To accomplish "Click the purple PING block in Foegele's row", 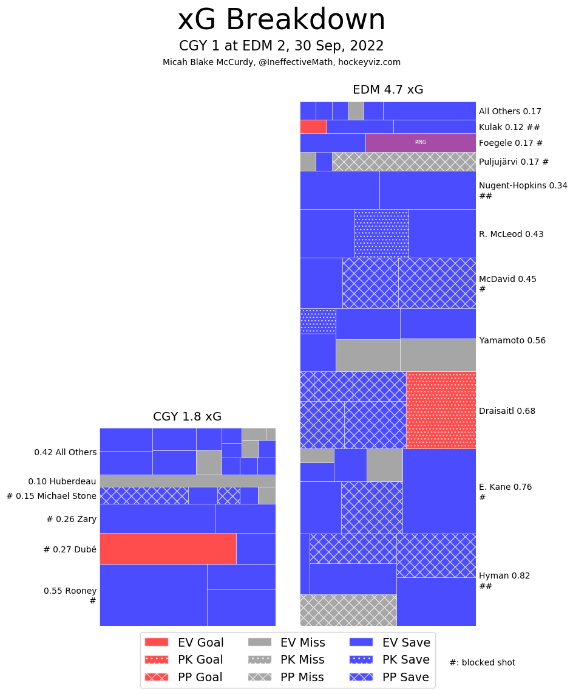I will tap(420, 142).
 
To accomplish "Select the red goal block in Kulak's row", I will tap(313, 126).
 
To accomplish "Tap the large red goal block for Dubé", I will tap(168, 549).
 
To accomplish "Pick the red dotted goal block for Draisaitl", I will tap(441, 410).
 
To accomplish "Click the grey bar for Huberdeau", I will tap(188, 481).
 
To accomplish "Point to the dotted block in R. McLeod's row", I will tap(381, 233).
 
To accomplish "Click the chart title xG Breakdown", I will tap(281, 20).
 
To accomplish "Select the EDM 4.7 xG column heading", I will tap(388, 90).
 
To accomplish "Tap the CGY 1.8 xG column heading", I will tap(187, 417).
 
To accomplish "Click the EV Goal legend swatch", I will tap(157, 642).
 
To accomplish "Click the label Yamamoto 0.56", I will tap(512, 340).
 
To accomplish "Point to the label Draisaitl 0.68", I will tap(507, 411).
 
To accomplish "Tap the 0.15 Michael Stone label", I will tap(52, 496).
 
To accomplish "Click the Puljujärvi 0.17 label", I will tap(514, 162).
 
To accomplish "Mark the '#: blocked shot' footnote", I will tap(482, 662).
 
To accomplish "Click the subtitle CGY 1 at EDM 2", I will tap(281, 46).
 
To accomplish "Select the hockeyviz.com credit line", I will tap(281, 62).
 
